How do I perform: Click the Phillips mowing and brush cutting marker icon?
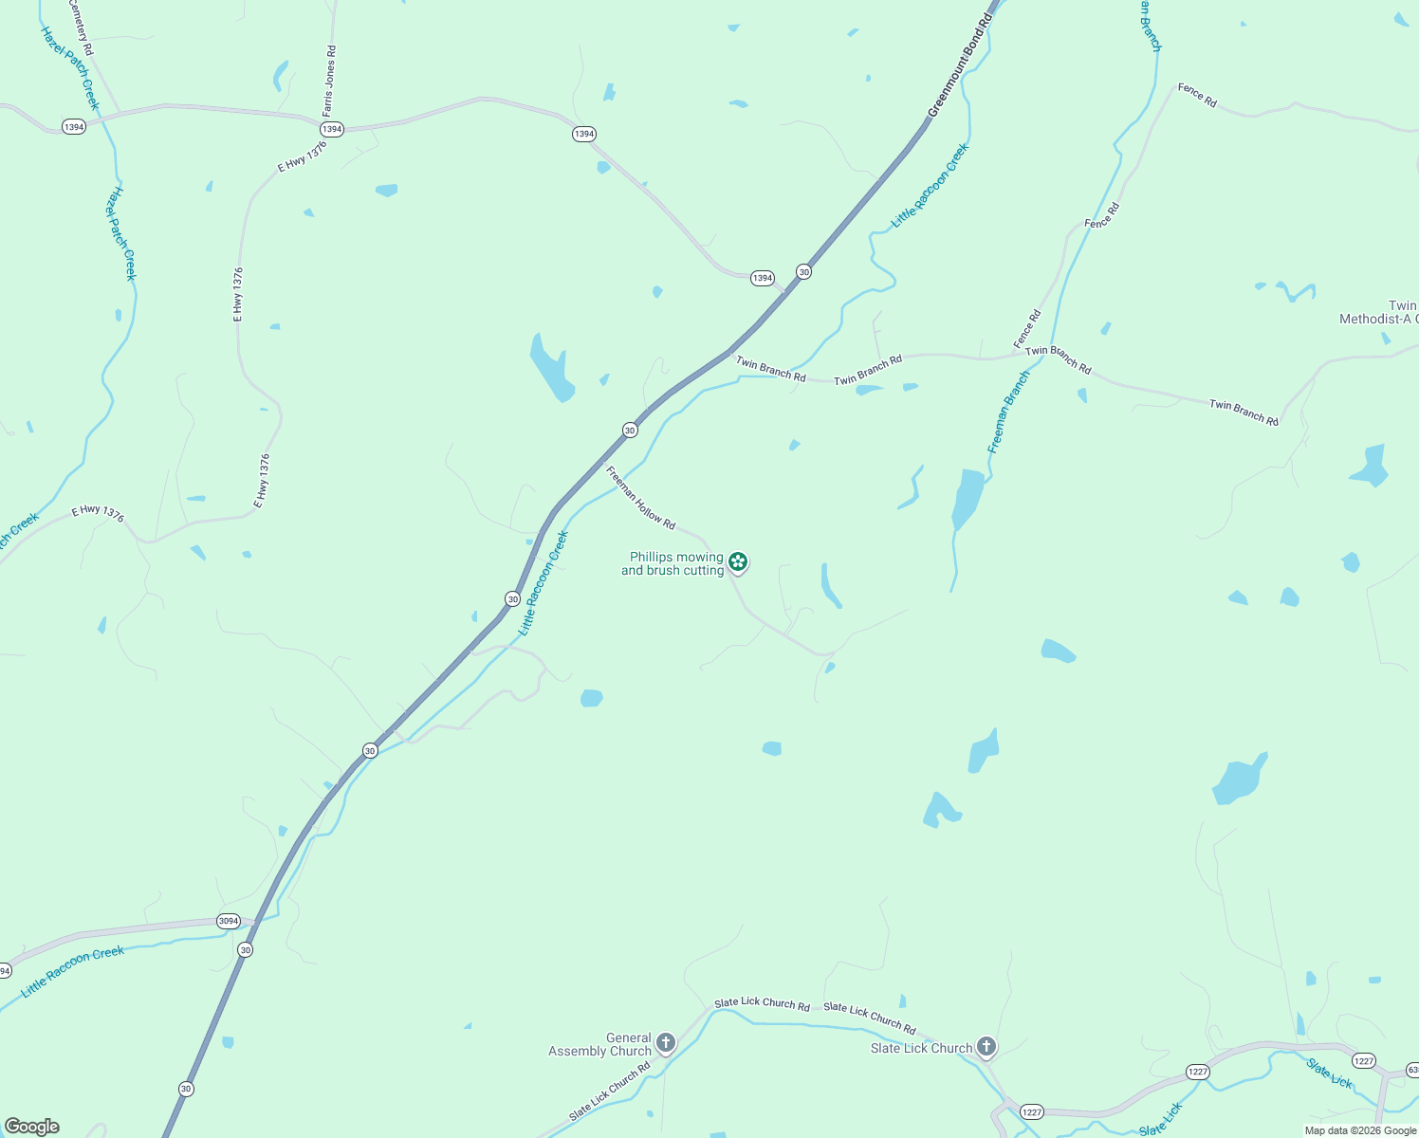[738, 562]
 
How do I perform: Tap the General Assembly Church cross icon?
[666, 1044]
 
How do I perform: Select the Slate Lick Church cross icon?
[986, 1047]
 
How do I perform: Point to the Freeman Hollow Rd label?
[640, 498]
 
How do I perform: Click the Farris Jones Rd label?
[329, 81]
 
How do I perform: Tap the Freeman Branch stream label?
[1008, 413]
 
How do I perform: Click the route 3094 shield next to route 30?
[229, 921]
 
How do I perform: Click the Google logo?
[32, 1127]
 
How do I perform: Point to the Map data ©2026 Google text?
[1360, 1130]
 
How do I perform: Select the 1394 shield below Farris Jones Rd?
[331, 129]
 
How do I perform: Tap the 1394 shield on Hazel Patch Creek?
[74, 127]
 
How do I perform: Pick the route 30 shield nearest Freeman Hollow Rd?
[630, 431]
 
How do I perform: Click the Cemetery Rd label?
[82, 26]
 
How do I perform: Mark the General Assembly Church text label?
[600, 1044]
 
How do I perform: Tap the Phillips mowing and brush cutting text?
[673, 563]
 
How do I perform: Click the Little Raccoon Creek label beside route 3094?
[73, 971]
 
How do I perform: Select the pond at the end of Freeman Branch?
[967, 498]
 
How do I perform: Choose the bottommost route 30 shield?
[186, 1089]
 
